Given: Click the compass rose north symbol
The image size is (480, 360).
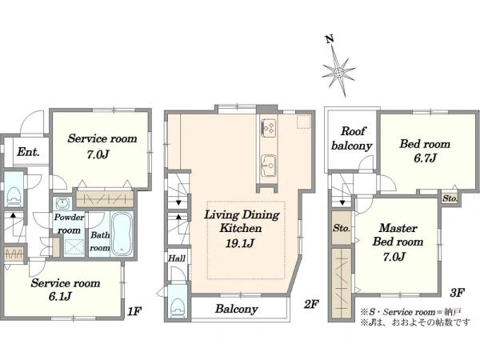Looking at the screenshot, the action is click(x=338, y=68).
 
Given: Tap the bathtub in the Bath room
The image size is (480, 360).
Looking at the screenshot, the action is click(x=122, y=234).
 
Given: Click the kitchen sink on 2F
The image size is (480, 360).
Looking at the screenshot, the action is click(x=269, y=166).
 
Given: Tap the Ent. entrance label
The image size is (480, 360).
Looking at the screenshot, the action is click(x=28, y=152).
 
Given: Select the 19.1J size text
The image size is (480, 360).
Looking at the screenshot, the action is click(x=240, y=243).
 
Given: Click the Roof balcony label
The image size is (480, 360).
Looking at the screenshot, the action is click(x=352, y=138).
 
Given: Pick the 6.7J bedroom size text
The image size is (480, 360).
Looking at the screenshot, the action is click(x=426, y=158).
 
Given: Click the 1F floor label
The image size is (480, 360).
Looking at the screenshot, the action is click(x=134, y=311).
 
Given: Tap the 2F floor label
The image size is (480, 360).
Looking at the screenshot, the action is click(x=311, y=304).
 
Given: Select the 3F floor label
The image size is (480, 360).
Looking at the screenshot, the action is click(x=458, y=293).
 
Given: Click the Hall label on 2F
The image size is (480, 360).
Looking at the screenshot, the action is click(x=177, y=258).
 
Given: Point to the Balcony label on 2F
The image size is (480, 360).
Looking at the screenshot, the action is click(x=236, y=309).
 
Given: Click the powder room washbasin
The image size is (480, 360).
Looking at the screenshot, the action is click(x=63, y=203).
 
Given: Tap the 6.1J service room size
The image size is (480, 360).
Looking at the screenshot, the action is click(x=60, y=297).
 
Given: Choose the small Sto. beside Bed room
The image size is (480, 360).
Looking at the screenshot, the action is click(x=450, y=198).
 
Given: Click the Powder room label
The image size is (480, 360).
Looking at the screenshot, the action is click(x=69, y=224).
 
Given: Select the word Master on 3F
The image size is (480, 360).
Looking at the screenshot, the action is click(x=398, y=228).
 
